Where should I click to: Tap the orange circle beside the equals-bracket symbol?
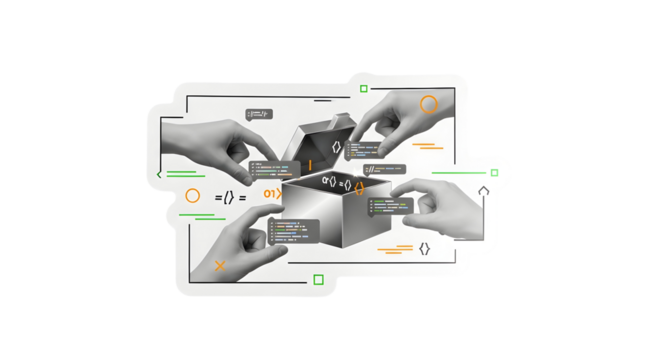coord(192,197)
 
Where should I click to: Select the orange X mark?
coord(220,265)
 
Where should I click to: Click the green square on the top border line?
coord(364,89)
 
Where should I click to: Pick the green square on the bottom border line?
coord(318,280)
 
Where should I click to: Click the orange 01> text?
coord(270,192)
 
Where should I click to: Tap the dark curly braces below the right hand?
coord(424,248)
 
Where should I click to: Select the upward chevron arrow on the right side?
coord(483,189)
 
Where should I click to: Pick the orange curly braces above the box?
coord(357,186)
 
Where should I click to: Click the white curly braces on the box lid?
coord(337,148)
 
